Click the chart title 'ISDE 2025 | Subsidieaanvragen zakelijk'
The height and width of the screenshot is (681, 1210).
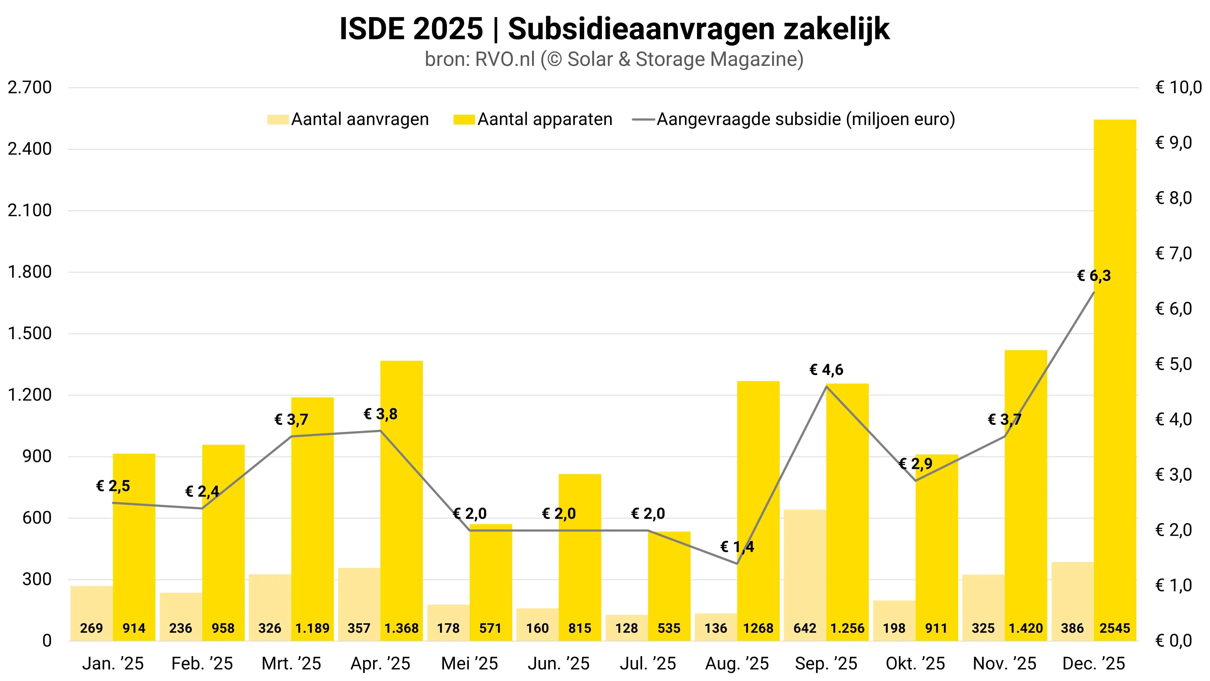pyautogui.click(x=614, y=29)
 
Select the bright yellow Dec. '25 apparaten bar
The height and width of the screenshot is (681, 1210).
pyautogui.click(x=1115, y=376)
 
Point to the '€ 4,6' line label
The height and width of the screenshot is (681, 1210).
pyautogui.click(x=826, y=370)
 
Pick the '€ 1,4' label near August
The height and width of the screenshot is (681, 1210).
pyautogui.click(x=737, y=547)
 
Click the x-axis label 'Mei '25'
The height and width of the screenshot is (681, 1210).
pyautogui.click(x=469, y=663)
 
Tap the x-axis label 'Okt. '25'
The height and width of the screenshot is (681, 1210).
pyautogui.click(x=915, y=663)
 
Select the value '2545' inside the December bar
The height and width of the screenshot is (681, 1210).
pyautogui.click(x=1115, y=628)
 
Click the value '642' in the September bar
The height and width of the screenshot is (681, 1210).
pyautogui.click(x=805, y=628)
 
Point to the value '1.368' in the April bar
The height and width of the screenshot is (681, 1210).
pyautogui.click(x=402, y=628)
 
